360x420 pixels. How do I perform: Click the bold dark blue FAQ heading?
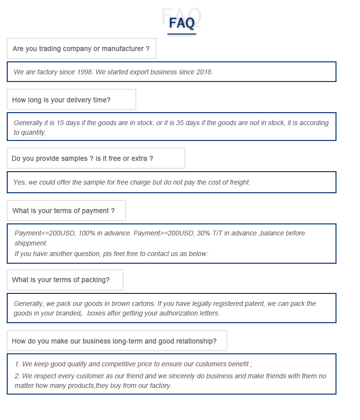[x=182, y=23]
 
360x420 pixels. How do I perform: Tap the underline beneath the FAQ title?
[x=182, y=34]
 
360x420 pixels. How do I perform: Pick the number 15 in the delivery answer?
[x=60, y=123]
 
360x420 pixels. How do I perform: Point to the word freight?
[x=237, y=182]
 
